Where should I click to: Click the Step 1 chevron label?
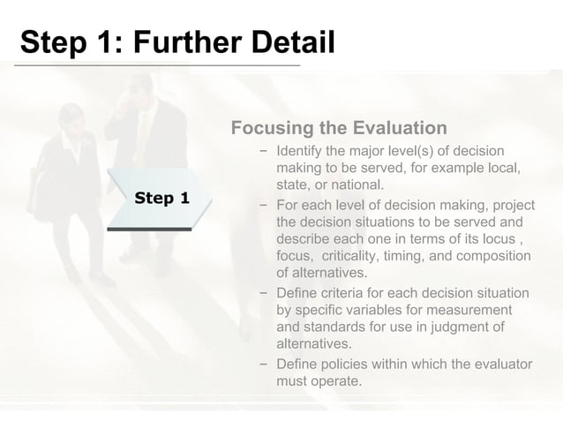click(161, 198)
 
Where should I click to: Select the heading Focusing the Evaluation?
click(339, 128)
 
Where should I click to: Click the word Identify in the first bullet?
click(303, 150)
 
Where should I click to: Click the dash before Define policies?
click(264, 364)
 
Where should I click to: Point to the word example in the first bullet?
click(475, 168)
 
